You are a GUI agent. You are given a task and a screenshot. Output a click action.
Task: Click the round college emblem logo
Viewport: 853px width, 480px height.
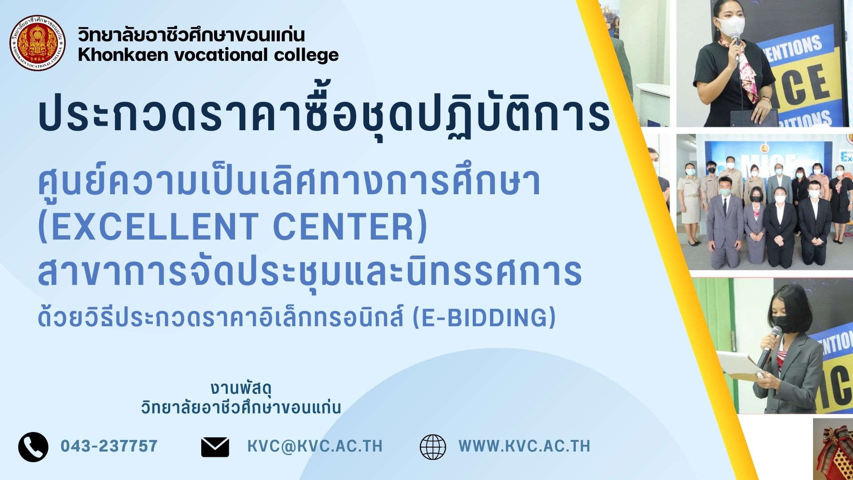[38, 43]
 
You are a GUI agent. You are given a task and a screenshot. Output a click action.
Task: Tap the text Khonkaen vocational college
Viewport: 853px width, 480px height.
[208, 55]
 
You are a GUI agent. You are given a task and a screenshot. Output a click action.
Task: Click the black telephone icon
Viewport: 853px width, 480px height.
[33, 446]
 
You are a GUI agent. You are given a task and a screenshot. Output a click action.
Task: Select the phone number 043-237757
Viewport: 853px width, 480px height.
[109, 446]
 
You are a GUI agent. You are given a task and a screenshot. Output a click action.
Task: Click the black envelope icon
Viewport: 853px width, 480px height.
[215, 447]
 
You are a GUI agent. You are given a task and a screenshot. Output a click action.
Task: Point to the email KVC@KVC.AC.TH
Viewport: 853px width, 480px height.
[315, 446]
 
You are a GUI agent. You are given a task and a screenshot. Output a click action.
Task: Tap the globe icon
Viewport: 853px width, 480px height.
[433, 447]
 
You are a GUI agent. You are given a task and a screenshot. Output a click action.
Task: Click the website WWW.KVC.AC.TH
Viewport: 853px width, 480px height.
[524, 446]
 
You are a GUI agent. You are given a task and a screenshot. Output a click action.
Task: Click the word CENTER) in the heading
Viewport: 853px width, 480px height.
[350, 227]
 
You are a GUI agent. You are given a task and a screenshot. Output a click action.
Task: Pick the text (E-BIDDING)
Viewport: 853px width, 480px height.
[484, 317]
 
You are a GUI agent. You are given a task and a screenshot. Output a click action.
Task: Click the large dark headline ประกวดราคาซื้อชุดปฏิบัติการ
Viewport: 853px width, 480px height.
[324, 113]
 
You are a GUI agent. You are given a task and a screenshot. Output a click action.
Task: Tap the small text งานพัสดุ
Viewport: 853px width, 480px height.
[241, 388]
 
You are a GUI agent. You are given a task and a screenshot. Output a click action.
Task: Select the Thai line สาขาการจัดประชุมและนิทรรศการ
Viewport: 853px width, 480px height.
[310, 272]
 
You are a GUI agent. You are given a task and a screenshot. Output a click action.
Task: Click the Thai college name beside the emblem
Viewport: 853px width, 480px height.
[191, 35]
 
